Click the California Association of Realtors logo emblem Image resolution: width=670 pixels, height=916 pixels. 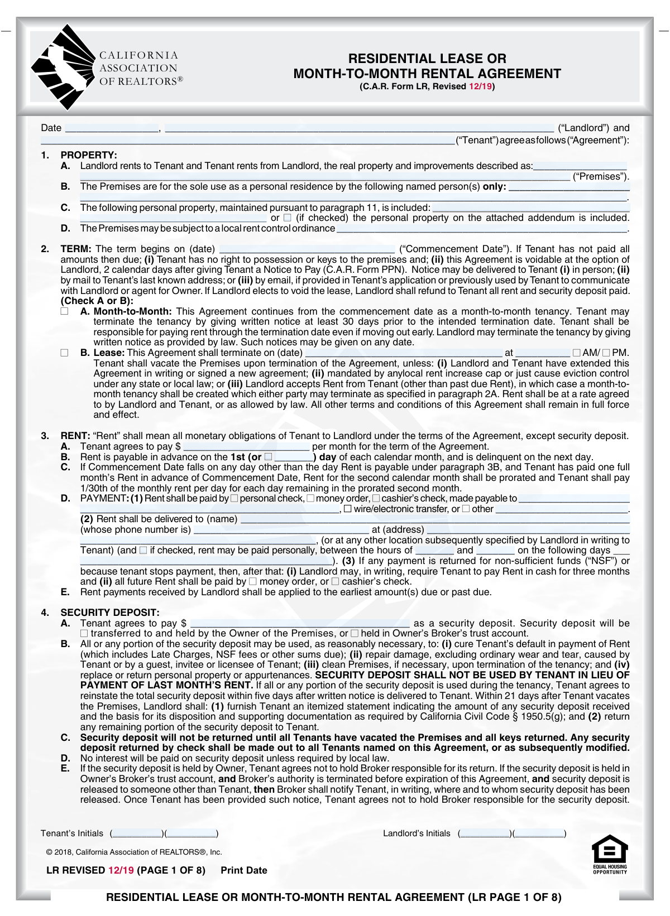tap(63, 67)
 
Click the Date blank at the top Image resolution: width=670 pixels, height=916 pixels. tap(112, 128)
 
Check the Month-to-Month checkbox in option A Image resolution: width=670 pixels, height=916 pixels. tap(65, 311)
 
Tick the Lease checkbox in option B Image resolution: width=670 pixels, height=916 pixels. tap(65, 353)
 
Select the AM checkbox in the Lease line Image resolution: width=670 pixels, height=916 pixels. tap(576, 353)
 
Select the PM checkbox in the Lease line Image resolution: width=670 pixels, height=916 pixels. tap(606, 353)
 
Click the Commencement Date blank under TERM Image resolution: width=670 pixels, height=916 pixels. tap(307, 249)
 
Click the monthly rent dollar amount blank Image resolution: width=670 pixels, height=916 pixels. tap(246, 447)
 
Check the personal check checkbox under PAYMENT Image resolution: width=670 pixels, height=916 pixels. tap(234, 498)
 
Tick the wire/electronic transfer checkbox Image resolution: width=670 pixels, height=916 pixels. tap(348, 509)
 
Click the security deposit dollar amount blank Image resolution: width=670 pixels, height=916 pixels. tap(300, 624)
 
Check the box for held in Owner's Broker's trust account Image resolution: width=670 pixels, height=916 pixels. tap(355, 634)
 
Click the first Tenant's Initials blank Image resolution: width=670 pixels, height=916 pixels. tap(137, 834)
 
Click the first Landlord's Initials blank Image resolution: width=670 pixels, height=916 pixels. tap(484, 834)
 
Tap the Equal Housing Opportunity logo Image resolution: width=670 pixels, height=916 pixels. tap(610, 854)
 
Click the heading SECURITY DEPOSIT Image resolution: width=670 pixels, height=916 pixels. tap(110, 613)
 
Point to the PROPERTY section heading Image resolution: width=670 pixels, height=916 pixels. tap(89, 155)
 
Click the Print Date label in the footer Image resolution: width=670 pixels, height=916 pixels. tap(244, 870)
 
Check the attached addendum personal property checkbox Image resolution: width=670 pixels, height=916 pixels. tap(288, 218)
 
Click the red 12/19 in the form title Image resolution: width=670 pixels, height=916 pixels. tap(480, 86)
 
